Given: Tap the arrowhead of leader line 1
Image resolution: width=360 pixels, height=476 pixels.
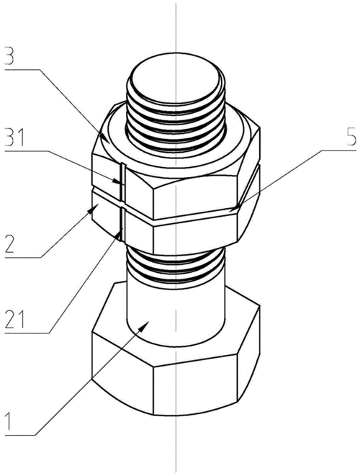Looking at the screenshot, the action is pos(143,327).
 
